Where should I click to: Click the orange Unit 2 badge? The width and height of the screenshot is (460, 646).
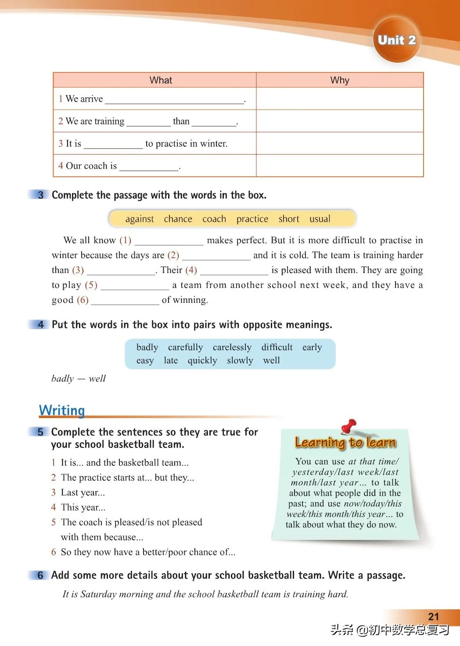[396, 40]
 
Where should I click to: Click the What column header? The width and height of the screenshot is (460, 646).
[161, 80]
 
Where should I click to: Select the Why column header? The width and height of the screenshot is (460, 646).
[340, 80]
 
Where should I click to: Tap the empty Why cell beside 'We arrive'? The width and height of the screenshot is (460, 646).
[340, 99]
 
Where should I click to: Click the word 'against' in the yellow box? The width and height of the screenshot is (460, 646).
[140, 219]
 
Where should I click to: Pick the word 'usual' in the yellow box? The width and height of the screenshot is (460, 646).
[320, 219]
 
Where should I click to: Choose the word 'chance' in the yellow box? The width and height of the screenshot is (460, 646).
[178, 219]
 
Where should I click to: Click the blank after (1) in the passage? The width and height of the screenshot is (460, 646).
[169, 241]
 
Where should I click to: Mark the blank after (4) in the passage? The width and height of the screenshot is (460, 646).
[234, 271]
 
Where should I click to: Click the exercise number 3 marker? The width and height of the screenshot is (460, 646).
[40, 195]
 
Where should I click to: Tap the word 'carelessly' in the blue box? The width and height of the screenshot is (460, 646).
[232, 348]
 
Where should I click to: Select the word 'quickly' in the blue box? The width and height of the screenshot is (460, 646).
[202, 361]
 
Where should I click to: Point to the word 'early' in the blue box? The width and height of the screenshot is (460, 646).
[312, 348]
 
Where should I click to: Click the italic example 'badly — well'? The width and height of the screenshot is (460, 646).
[79, 379]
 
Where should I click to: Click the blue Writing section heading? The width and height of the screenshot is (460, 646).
[62, 411]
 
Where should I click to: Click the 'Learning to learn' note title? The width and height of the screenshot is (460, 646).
[345, 443]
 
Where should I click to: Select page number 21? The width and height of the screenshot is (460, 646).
[433, 617]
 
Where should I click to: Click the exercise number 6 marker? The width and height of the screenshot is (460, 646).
[40, 575]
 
